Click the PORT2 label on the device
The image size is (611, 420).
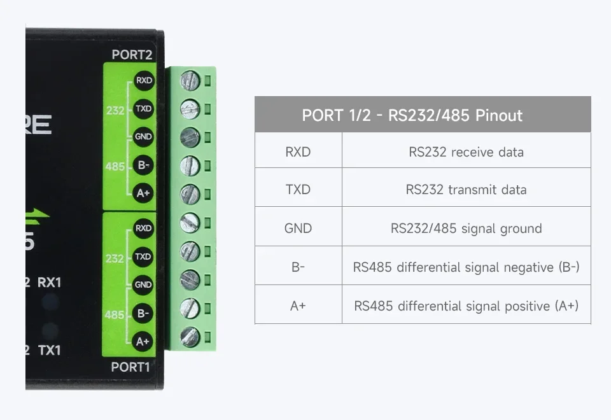tap(132, 55)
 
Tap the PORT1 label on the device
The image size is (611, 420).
tap(130, 367)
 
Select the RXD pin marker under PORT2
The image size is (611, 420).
tap(144, 80)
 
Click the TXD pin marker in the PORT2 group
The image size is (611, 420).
tap(143, 108)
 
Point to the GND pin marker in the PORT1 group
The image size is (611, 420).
tap(143, 284)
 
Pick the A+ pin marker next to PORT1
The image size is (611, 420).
tap(142, 341)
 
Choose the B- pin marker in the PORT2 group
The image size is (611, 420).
tap(143, 165)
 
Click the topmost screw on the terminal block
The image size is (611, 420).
tap(190, 81)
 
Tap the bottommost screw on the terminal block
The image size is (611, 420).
tap(190, 337)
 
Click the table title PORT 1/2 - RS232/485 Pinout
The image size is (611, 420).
tap(412, 115)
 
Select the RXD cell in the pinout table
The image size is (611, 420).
tap(298, 151)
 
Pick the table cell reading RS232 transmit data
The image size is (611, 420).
tap(466, 190)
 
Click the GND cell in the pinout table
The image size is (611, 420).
tap(298, 228)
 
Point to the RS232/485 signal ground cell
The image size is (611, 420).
tap(466, 228)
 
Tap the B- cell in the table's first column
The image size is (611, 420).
tap(298, 267)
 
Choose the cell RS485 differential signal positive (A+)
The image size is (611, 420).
tap(466, 306)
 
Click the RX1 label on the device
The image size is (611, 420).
tap(49, 283)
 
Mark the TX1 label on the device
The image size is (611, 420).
tap(50, 350)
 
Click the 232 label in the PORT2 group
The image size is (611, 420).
tap(115, 111)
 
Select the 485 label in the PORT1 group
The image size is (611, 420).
tap(114, 314)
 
